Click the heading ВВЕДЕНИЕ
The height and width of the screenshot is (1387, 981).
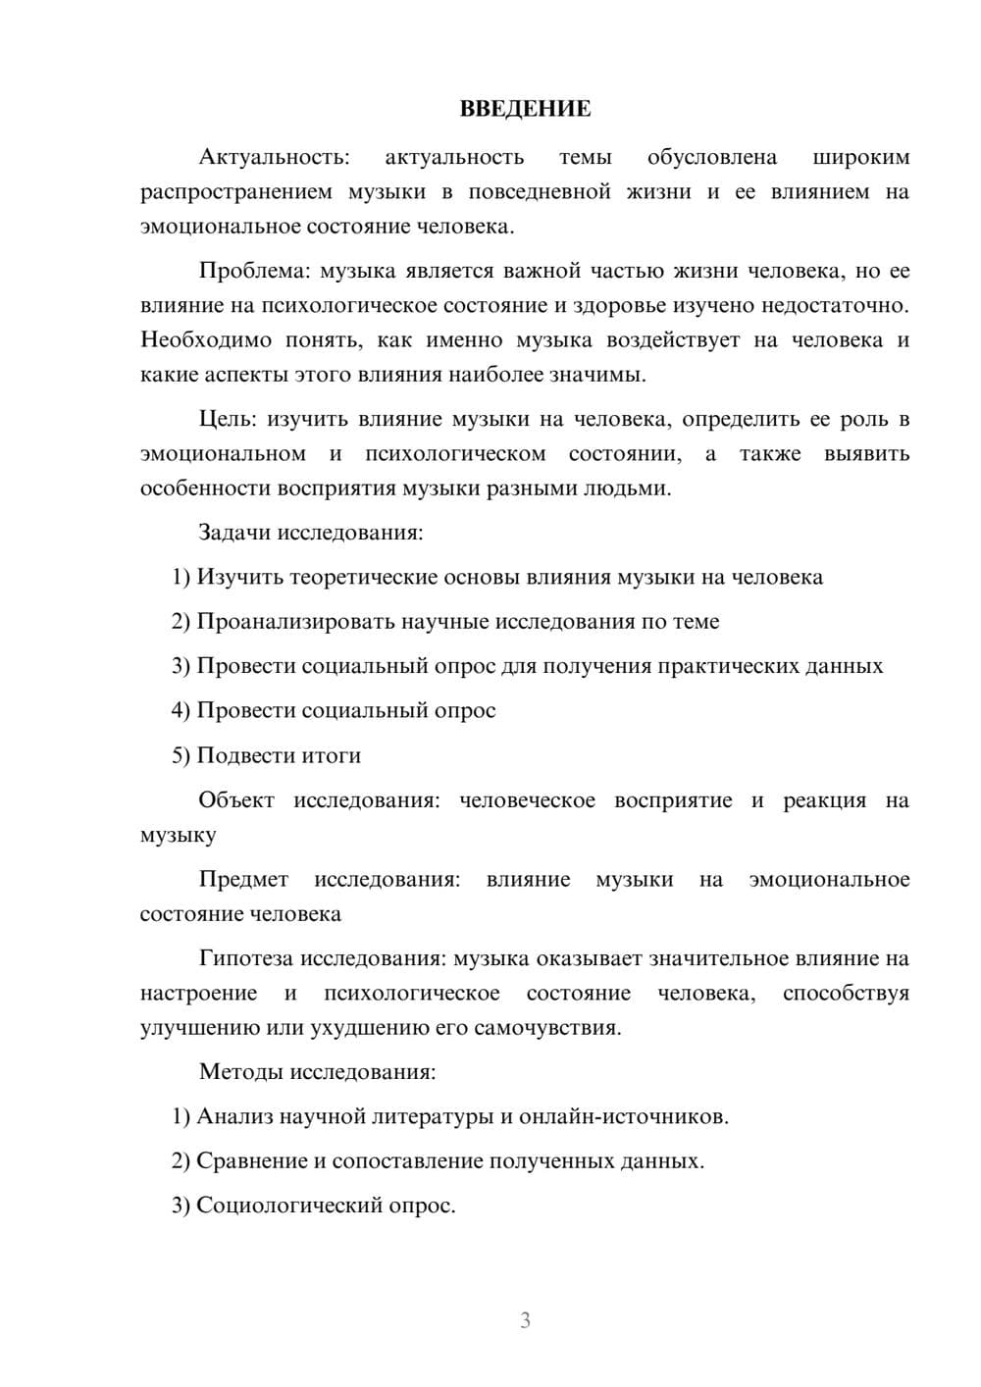525,109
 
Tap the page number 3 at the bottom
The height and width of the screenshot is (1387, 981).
525,1320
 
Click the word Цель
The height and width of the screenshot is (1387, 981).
227,420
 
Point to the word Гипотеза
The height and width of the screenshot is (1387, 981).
245,958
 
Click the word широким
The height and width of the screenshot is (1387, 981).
861,157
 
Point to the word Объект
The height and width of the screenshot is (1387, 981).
236,800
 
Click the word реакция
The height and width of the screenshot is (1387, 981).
824,800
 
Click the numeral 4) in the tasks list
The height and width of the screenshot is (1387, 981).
181,711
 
